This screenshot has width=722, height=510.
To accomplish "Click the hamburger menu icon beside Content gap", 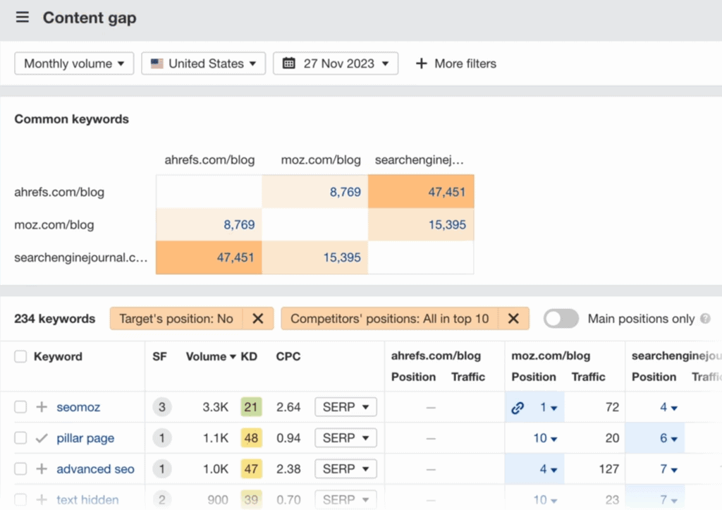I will point(23,18).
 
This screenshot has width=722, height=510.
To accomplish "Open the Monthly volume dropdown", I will point(74,63).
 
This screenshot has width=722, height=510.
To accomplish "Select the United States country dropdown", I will point(203,63).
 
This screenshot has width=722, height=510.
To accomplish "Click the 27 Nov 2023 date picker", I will point(336,63).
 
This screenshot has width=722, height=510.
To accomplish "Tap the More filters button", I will point(455,63).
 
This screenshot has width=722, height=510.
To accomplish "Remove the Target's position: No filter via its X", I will point(258,319).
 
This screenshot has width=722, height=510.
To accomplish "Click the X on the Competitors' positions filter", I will point(514,319).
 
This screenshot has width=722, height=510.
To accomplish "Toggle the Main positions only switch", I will point(561,319).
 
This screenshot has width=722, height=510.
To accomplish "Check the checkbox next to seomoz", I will point(20,407).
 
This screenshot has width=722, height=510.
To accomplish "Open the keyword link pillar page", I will point(85,438).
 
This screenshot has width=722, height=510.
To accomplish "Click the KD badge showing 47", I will point(250,469).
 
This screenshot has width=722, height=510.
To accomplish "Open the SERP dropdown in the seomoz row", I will point(345,407).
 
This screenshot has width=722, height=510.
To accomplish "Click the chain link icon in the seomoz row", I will point(518,407).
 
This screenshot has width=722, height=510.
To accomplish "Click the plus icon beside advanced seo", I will point(42,469).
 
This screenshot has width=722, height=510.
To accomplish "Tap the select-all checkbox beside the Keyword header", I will point(20,357).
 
